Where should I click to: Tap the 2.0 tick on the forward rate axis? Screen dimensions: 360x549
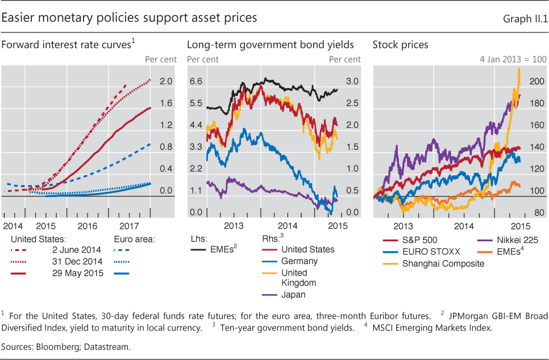tap(166, 82)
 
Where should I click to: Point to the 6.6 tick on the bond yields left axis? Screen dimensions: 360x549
tap(196, 82)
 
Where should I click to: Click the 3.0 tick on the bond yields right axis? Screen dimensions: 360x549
tap(352, 82)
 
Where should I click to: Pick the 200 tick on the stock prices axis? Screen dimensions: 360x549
tap(536, 82)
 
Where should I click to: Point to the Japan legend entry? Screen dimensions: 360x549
tap(294, 295)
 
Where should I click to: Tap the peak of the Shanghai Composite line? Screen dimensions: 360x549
tap(519, 69)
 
